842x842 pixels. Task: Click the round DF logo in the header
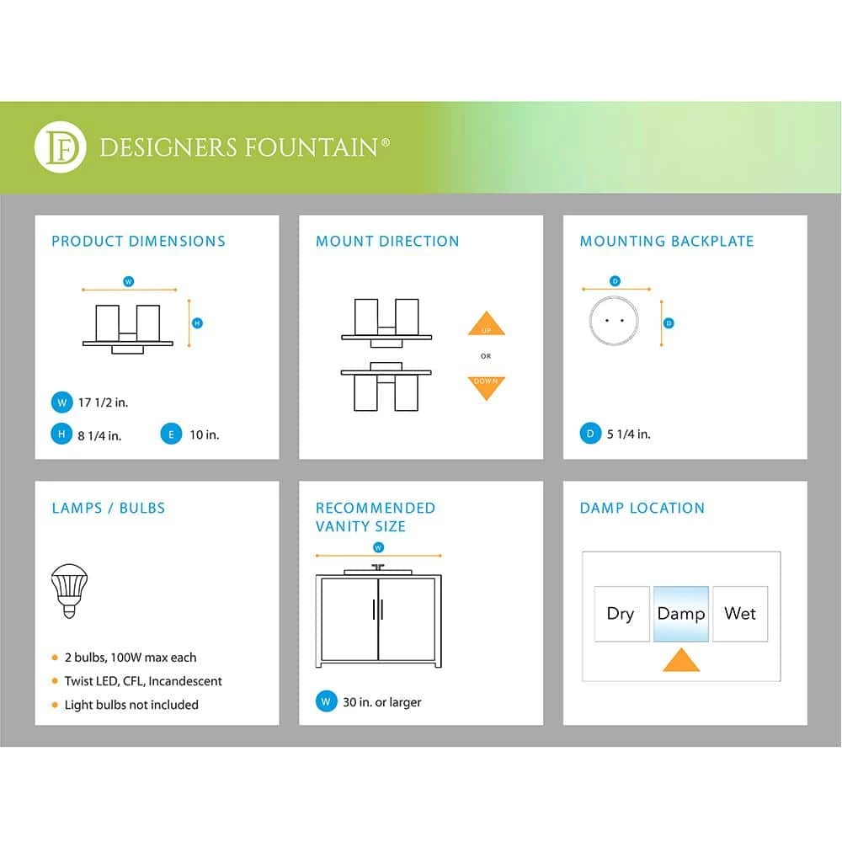coord(60,147)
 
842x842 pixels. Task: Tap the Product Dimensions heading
coord(138,241)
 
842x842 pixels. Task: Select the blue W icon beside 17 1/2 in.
coord(61,402)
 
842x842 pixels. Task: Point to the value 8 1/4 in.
coord(99,435)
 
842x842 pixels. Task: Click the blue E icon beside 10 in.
coord(171,434)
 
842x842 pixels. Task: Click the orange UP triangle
coord(486,325)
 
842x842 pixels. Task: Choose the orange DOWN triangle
coord(486,386)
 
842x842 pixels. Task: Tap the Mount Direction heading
coord(387,241)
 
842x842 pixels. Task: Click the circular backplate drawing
coord(614,322)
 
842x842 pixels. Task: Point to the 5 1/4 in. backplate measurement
coord(629,434)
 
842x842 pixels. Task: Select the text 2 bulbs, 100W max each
coord(131,658)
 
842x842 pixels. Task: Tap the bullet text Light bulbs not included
coord(131,705)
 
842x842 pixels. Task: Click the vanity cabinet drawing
coord(378,619)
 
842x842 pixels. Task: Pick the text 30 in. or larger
coord(382,702)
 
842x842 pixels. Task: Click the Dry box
coord(621,613)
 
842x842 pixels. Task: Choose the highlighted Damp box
coord(680,613)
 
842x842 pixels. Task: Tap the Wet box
coord(740,613)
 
